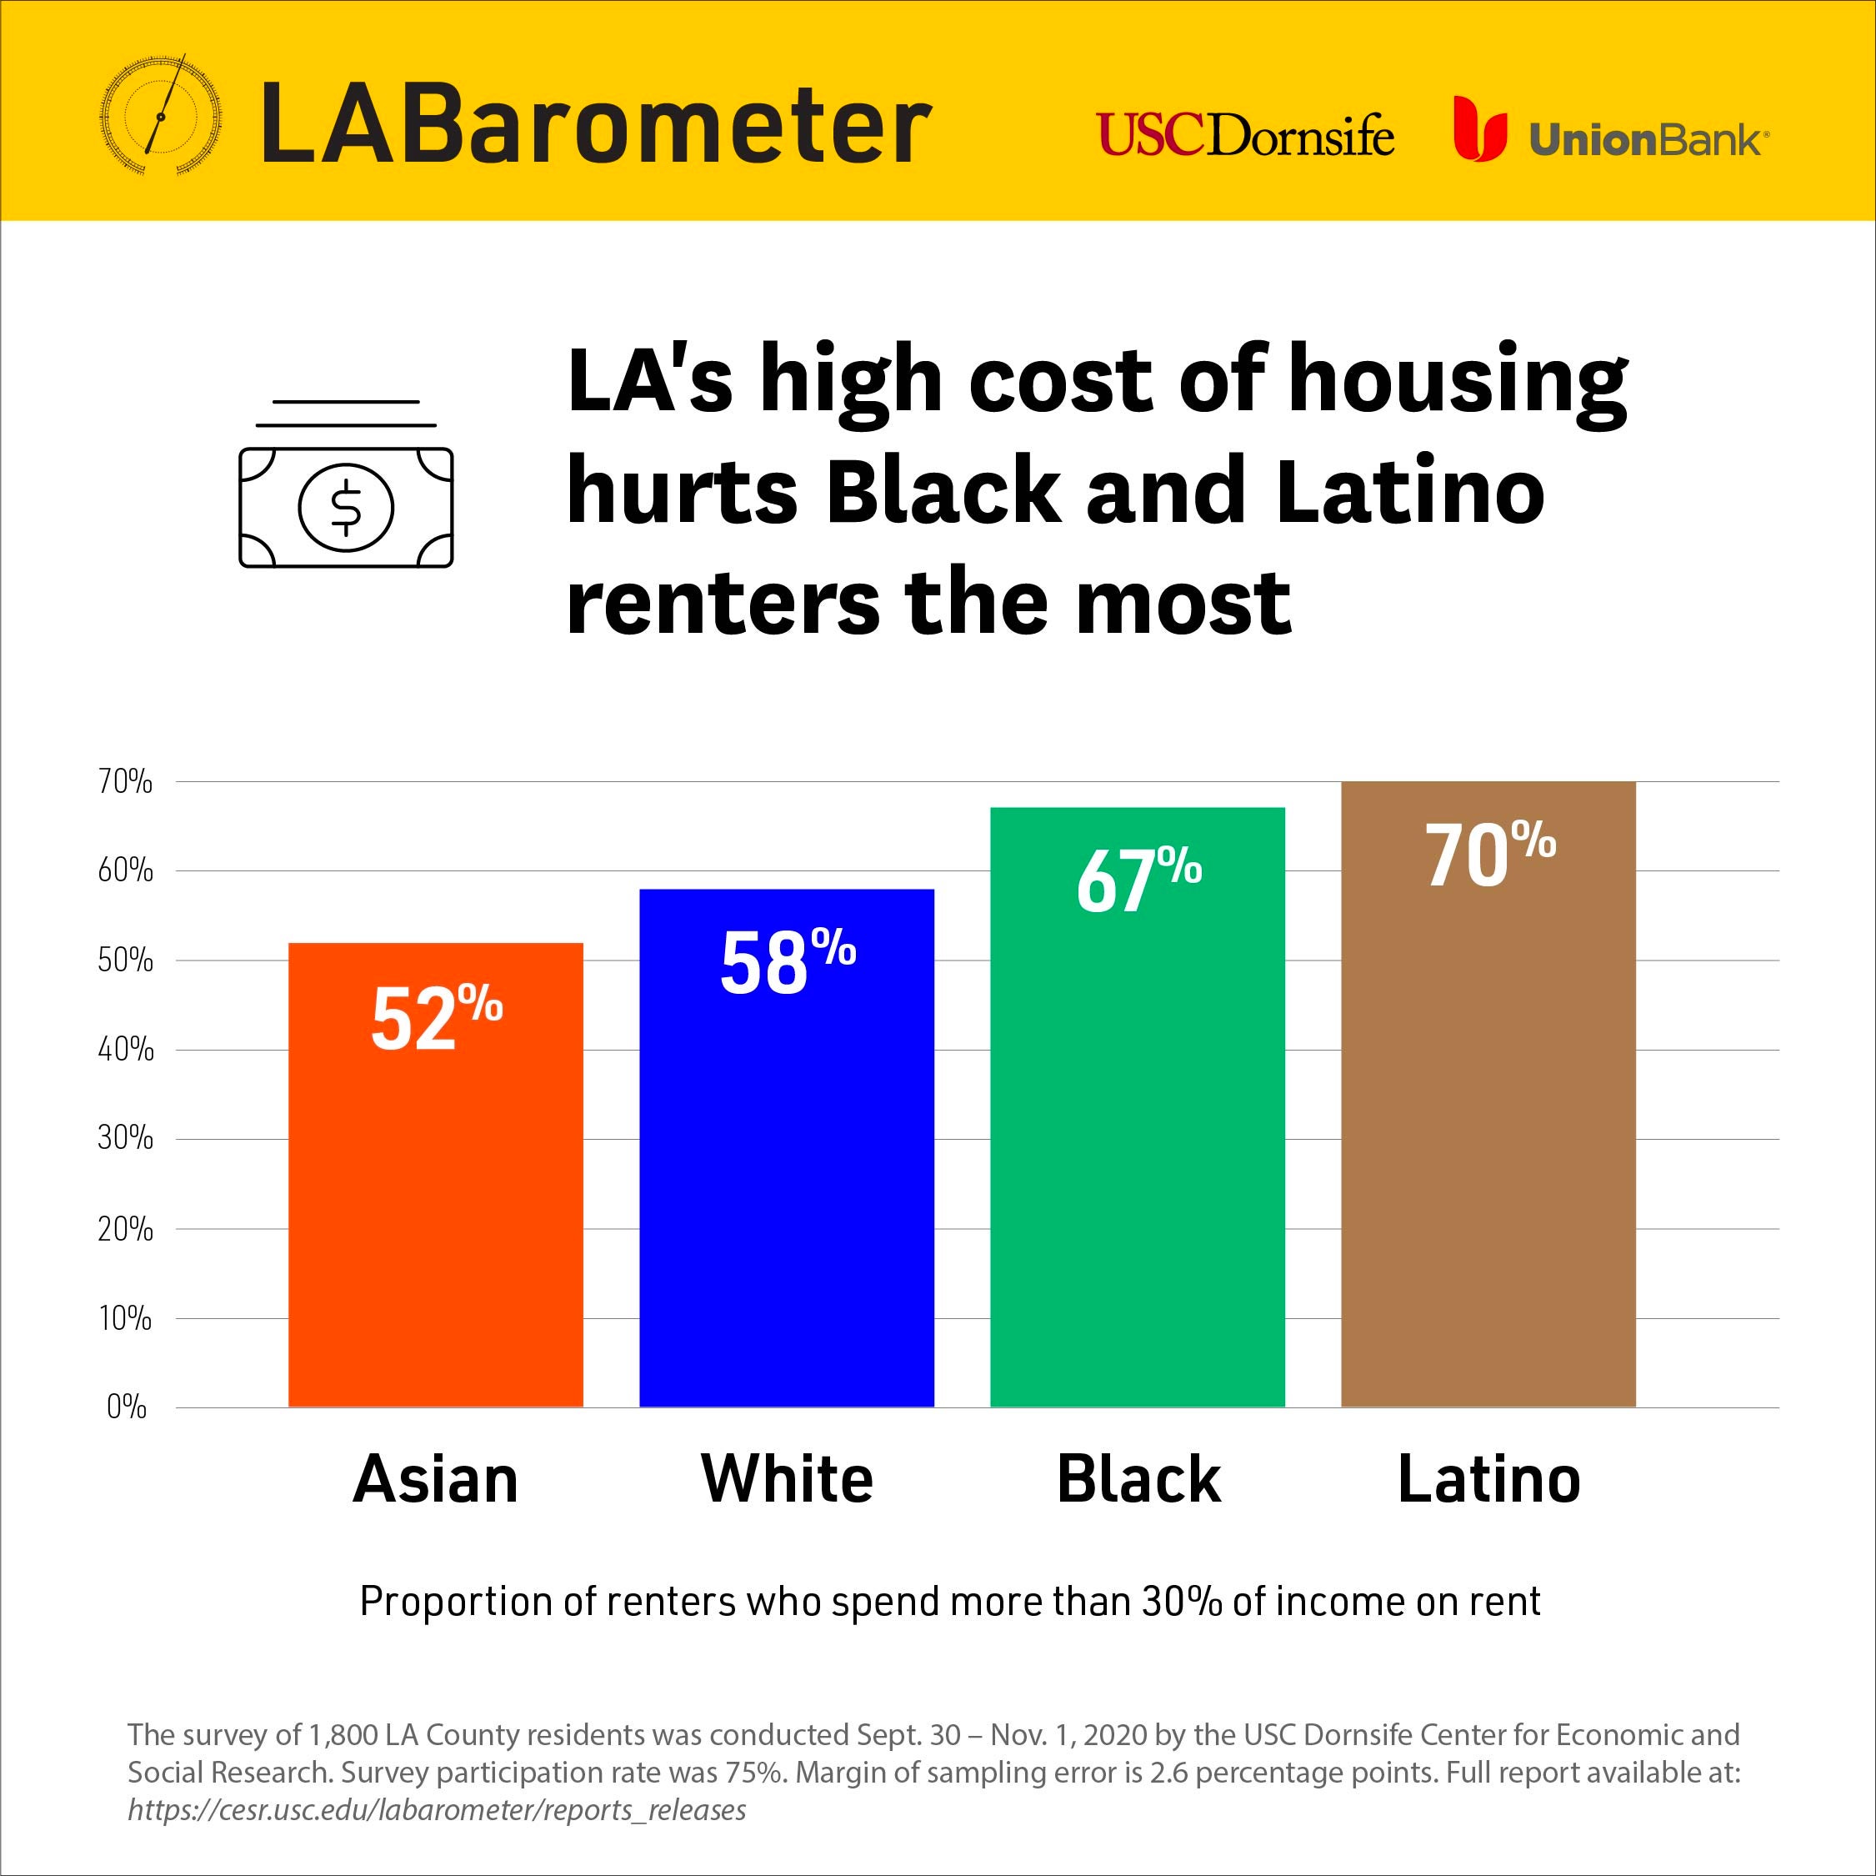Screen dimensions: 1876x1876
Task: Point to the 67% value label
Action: [x=1138, y=880]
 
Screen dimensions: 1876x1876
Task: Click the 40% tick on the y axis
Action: [x=125, y=1049]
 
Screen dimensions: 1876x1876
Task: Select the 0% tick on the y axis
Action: [x=126, y=1407]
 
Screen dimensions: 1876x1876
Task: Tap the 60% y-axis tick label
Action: [x=125, y=870]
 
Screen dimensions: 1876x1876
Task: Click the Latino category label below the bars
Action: [x=1488, y=1480]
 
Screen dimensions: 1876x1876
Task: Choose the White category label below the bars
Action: [x=787, y=1480]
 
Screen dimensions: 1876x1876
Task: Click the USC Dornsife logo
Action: [x=1245, y=135]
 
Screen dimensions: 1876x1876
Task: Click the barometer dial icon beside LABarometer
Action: [x=160, y=116]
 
